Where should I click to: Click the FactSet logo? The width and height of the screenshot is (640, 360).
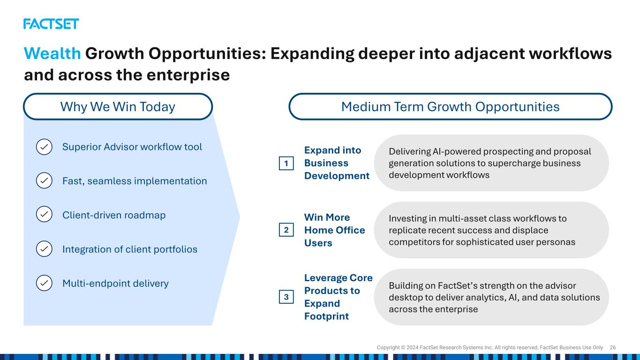click(51, 24)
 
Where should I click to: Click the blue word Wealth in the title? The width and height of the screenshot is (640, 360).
click(53, 53)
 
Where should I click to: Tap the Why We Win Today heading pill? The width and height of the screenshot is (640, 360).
click(118, 106)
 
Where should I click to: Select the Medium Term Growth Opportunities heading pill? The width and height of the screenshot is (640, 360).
click(450, 106)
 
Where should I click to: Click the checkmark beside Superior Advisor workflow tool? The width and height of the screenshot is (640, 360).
click(44, 147)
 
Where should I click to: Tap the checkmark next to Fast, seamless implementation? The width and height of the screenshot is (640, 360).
click(44, 180)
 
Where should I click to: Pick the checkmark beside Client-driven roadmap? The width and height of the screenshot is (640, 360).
click(44, 214)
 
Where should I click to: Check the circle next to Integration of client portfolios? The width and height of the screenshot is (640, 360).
click(44, 249)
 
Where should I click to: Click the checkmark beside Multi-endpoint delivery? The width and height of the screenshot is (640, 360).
click(44, 283)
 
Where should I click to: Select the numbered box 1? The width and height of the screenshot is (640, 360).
click(286, 164)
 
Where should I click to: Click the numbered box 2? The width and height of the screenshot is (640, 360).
click(286, 230)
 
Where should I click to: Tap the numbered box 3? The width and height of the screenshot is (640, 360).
click(286, 297)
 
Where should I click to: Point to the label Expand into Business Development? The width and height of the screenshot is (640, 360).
click(337, 163)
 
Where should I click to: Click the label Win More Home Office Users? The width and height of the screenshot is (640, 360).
click(334, 230)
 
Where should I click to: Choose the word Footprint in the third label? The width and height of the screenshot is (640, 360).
click(326, 316)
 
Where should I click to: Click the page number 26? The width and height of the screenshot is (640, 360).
click(612, 347)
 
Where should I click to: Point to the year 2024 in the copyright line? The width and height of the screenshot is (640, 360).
click(412, 347)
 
